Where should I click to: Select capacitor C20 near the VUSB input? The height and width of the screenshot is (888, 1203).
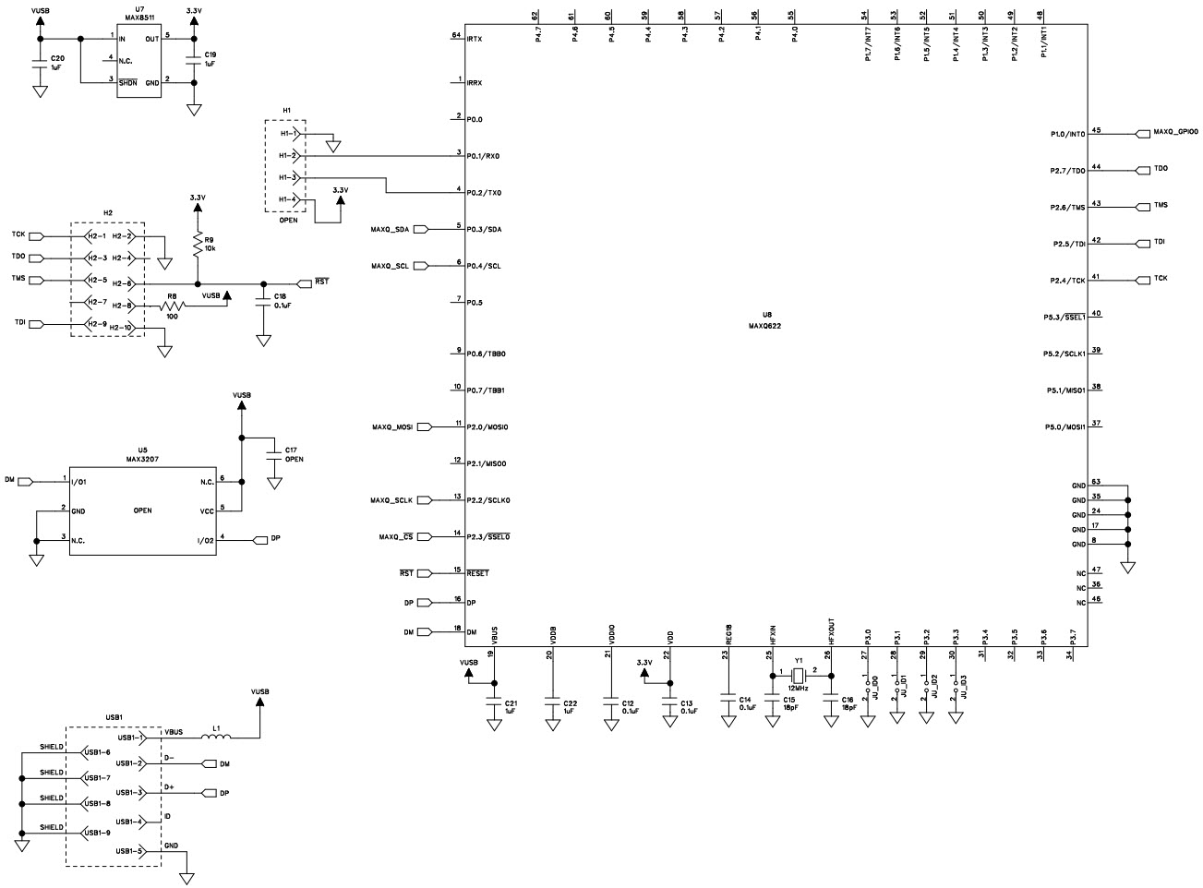click(39, 64)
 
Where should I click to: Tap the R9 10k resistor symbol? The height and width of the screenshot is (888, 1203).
click(197, 244)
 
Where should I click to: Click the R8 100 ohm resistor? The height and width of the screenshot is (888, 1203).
click(171, 306)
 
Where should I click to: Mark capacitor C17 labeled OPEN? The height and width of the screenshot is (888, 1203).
click(273, 452)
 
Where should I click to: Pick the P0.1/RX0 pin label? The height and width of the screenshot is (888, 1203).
click(483, 156)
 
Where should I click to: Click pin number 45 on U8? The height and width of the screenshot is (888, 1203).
click(1096, 130)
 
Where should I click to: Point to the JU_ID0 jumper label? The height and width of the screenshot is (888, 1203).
click(875, 686)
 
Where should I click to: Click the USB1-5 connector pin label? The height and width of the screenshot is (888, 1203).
click(129, 851)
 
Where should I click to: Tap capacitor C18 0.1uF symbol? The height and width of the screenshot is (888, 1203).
click(264, 299)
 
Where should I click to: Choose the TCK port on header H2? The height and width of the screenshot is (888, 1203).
click(19, 234)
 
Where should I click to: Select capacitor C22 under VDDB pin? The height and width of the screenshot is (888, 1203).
click(552, 706)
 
